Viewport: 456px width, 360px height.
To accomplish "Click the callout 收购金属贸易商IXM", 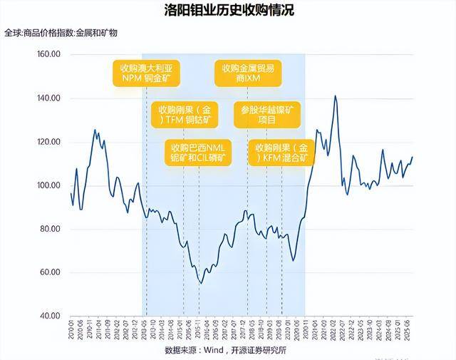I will tap(249, 73).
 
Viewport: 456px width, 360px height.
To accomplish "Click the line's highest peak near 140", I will tap(335, 96).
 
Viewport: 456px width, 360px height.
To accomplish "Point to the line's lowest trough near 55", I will tap(201, 284).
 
